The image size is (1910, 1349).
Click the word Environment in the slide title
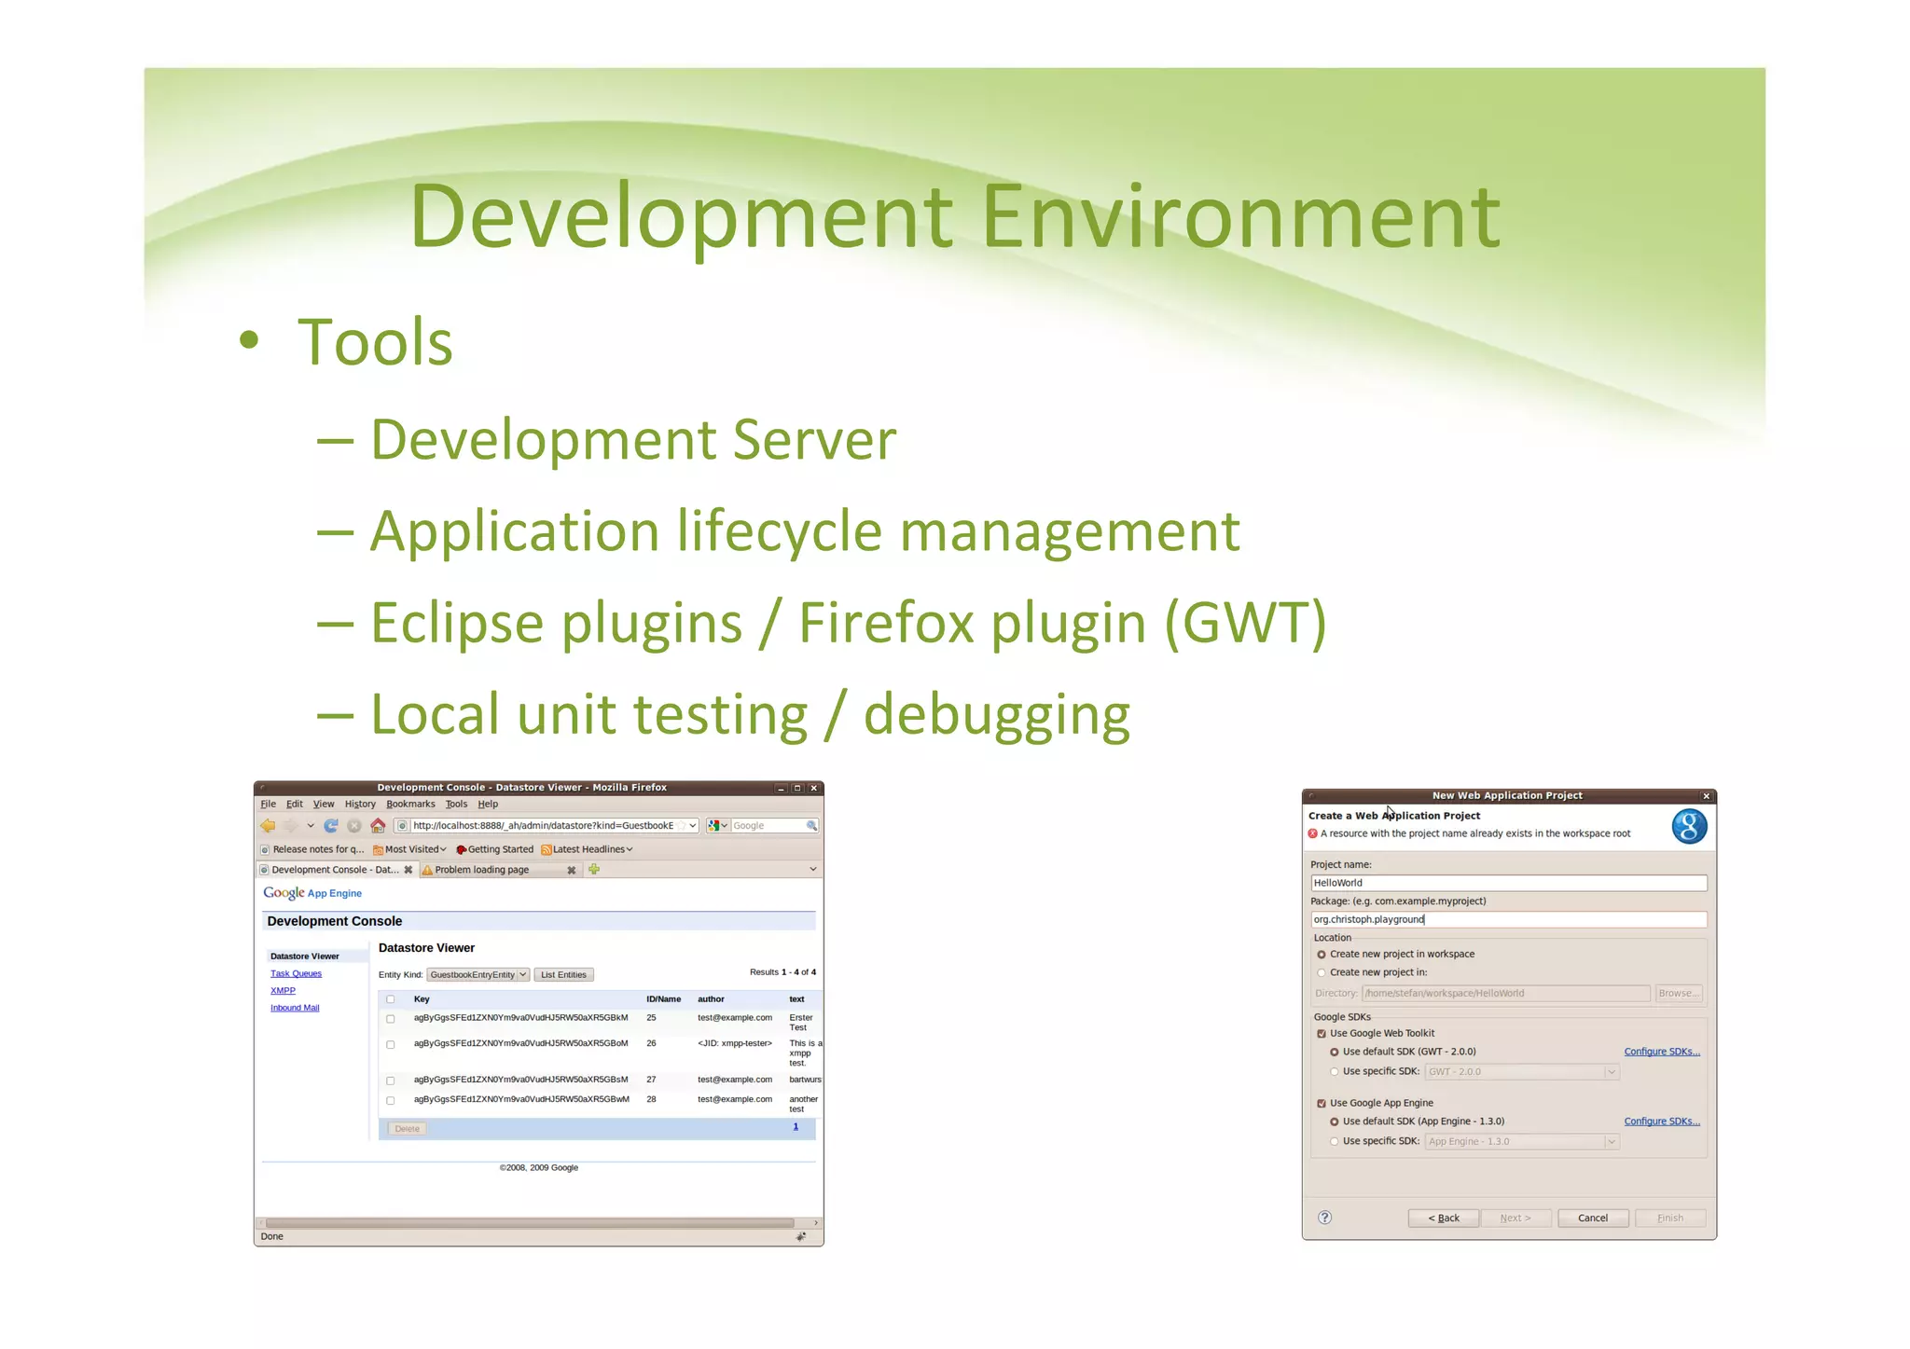point(1240,216)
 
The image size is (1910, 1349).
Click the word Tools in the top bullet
point(375,342)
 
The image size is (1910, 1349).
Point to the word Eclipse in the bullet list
point(457,623)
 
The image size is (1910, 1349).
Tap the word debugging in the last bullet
point(996,715)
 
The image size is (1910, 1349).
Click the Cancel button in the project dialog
point(1592,1218)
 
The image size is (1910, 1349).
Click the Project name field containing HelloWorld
point(1507,882)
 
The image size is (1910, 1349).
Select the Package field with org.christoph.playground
point(1507,919)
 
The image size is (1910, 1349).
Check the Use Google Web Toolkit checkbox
point(1322,1033)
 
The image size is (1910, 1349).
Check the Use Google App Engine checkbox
point(1322,1103)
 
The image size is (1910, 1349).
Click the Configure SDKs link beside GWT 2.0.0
point(1661,1052)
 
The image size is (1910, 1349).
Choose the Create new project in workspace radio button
point(1322,955)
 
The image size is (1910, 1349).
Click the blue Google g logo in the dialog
point(1689,826)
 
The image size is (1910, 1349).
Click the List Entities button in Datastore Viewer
point(563,975)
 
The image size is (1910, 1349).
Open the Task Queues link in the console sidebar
point(296,973)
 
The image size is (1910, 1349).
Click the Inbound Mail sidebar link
point(295,1008)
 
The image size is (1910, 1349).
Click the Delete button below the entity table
point(407,1129)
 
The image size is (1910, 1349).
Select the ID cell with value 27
point(651,1080)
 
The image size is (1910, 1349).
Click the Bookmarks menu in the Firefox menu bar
point(410,804)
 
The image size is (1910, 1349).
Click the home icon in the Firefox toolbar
point(378,826)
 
